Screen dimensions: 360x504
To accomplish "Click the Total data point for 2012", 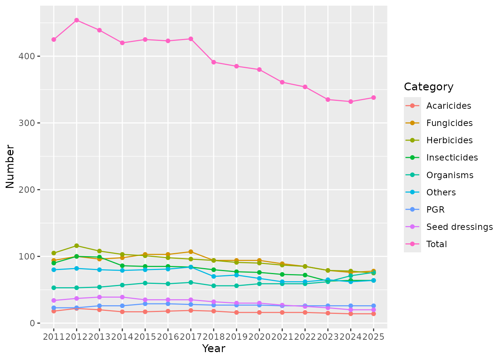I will [x=76, y=20].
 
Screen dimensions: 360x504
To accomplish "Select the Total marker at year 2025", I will [x=373, y=97].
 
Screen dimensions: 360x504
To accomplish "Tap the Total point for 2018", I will [x=214, y=62].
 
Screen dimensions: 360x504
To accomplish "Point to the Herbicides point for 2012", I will [x=76, y=246].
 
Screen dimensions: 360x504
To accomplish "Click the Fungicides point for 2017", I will [x=191, y=252].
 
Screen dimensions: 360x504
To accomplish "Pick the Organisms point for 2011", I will [x=54, y=288].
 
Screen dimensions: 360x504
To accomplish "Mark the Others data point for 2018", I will [x=214, y=276].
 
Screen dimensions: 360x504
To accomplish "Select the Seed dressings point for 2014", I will [x=122, y=297].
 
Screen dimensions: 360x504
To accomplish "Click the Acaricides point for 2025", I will [x=373, y=313].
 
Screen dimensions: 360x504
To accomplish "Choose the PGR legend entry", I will [x=435, y=210].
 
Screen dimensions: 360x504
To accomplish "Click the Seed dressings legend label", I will [x=459, y=227].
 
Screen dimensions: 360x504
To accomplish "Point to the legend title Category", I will [x=429, y=87].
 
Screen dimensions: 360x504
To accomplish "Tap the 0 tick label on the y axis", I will [x=33, y=323].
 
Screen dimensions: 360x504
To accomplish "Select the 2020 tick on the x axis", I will [x=259, y=337].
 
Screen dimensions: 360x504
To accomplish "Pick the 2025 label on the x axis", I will [x=373, y=337].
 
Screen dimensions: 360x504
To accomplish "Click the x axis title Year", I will [x=214, y=349].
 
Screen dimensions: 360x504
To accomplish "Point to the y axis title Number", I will [x=10, y=166].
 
